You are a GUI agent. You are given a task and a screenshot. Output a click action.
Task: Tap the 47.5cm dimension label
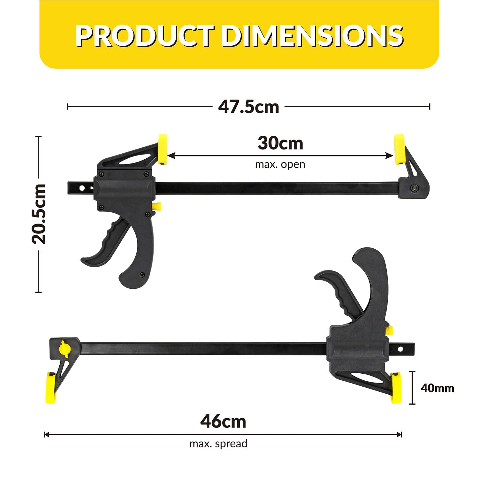[x=248, y=107]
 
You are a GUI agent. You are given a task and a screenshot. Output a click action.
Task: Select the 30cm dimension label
[x=280, y=143]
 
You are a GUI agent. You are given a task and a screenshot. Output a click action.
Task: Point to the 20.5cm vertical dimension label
[x=39, y=214]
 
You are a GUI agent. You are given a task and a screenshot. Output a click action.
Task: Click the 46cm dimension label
[x=223, y=422]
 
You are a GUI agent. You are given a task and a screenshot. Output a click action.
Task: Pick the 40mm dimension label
[x=437, y=388]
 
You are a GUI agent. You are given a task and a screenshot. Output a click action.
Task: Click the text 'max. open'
[x=280, y=164]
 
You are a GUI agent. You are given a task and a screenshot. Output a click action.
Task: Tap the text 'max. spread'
[x=218, y=444]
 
